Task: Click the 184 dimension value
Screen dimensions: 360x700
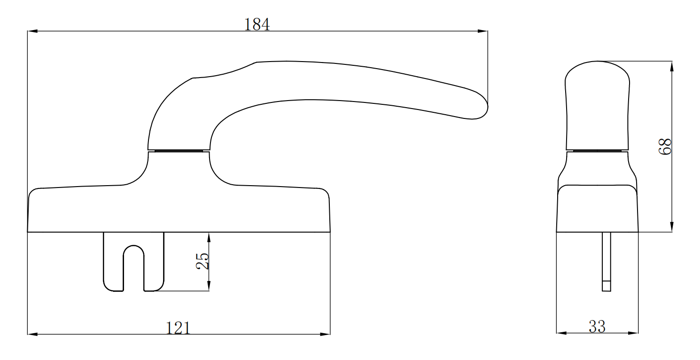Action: click(x=257, y=25)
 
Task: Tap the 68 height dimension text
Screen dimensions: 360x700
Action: click(x=665, y=147)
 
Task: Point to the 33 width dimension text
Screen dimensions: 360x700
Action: click(x=597, y=326)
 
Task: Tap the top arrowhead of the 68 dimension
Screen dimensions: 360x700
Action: click(x=672, y=66)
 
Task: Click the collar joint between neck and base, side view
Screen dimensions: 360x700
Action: click(x=179, y=151)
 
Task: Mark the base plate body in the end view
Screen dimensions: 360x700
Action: click(x=597, y=209)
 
